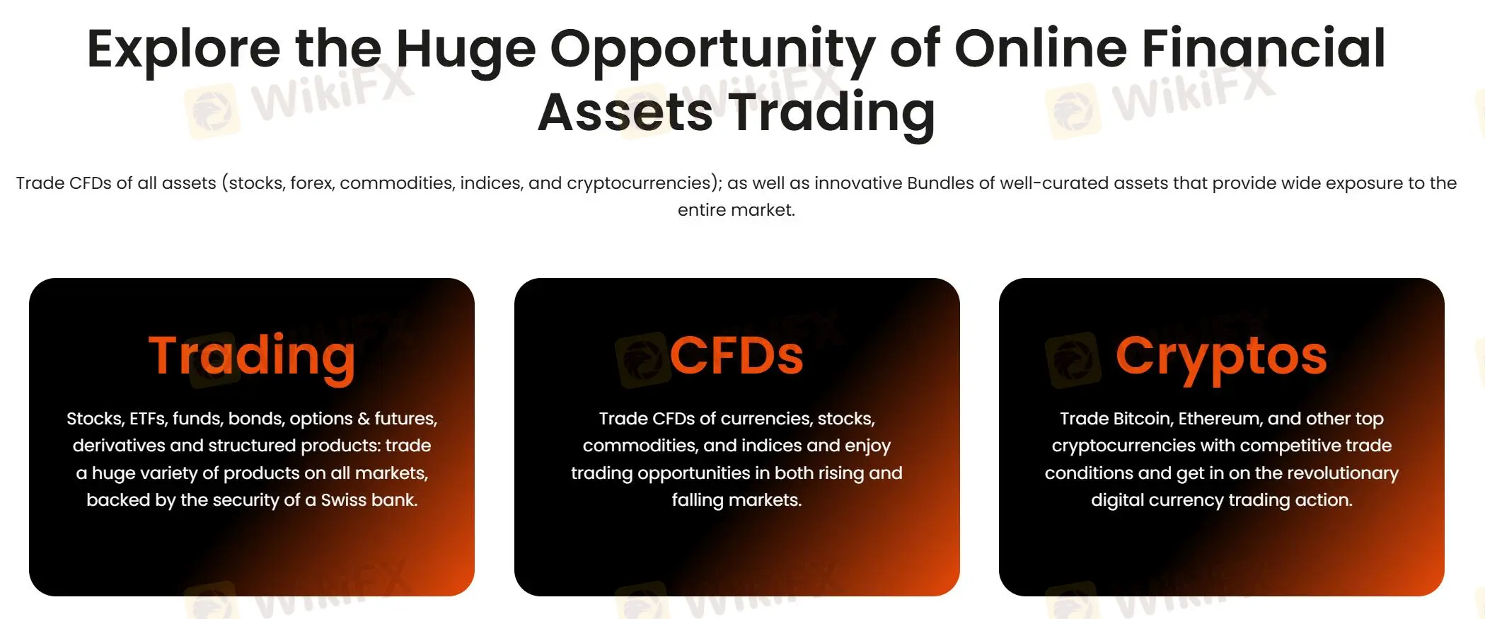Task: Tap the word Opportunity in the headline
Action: coord(712,50)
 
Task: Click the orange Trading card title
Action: coord(252,356)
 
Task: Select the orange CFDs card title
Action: coord(736,356)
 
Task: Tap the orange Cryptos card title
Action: coord(1221,356)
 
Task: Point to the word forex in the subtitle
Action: coord(311,183)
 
